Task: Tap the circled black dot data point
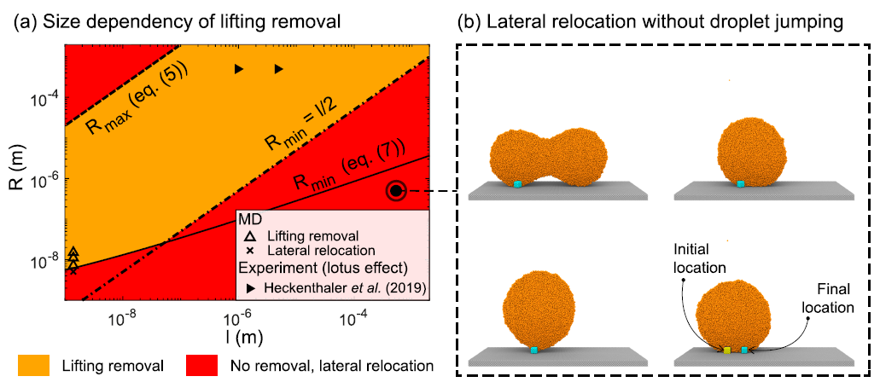395,192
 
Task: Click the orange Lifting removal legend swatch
34,366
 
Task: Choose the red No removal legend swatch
201,366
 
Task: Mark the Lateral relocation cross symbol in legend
248,252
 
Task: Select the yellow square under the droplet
727,350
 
